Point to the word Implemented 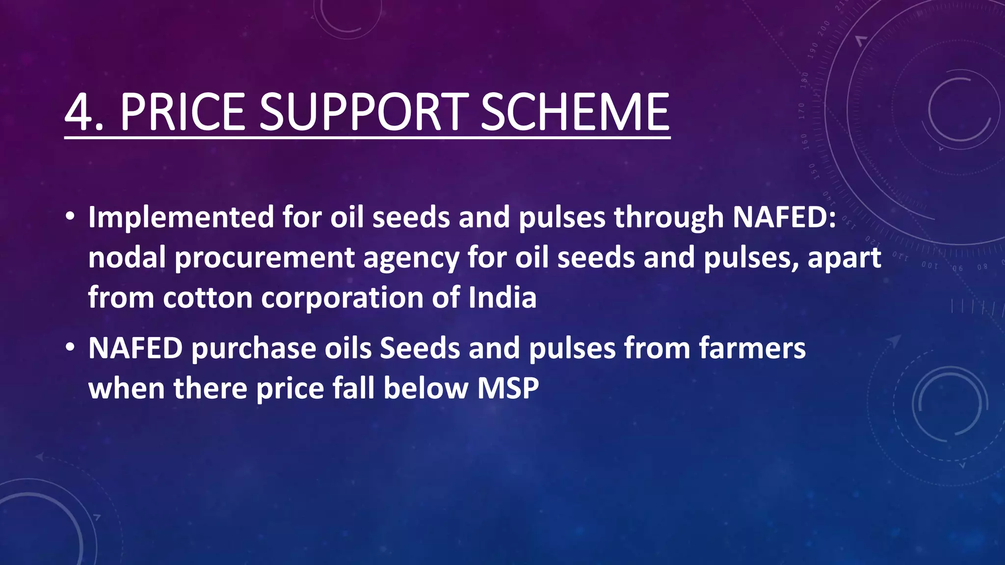tap(181, 217)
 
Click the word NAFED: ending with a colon tap(784, 217)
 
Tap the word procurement tap(264, 258)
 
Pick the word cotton tap(208, 298)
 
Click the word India tap(502, 298)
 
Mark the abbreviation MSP tap(508, 388)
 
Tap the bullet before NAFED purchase tap(70, 348)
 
